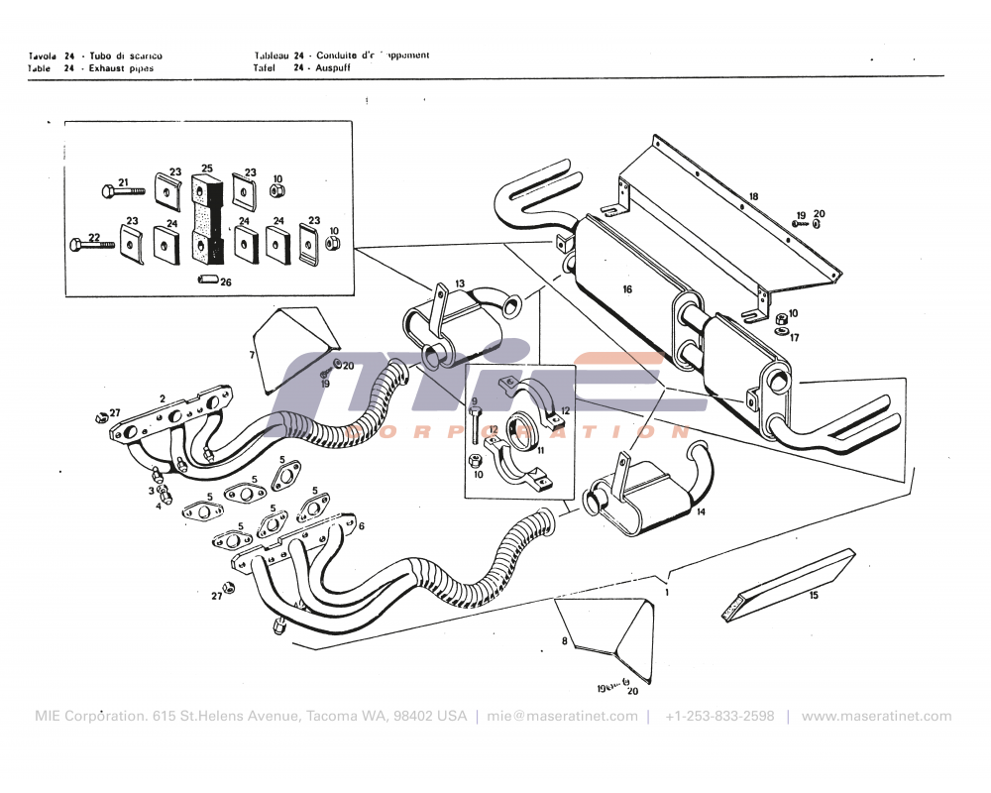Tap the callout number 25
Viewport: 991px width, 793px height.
pos(206,169)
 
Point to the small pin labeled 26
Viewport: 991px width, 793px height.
pos(208,281)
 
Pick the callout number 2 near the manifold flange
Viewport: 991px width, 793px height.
pos(163,398)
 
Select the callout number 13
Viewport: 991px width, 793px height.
pos(459,284)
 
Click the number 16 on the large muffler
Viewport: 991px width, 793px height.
pos(626,289)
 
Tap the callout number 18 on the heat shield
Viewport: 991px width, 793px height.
pos(753,197)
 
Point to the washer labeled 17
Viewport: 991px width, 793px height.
pos(782,331)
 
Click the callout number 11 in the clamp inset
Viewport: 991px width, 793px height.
pos(541,449)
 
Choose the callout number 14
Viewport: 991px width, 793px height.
pos(701,512)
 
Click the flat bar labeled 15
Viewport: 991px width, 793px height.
pos(788,585)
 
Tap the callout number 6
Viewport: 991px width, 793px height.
pos(361,526)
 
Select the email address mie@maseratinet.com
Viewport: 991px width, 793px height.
pos(562,716)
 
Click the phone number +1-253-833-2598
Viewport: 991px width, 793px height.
pos(719,716)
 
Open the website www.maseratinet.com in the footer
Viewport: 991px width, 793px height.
pos(876,716)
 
